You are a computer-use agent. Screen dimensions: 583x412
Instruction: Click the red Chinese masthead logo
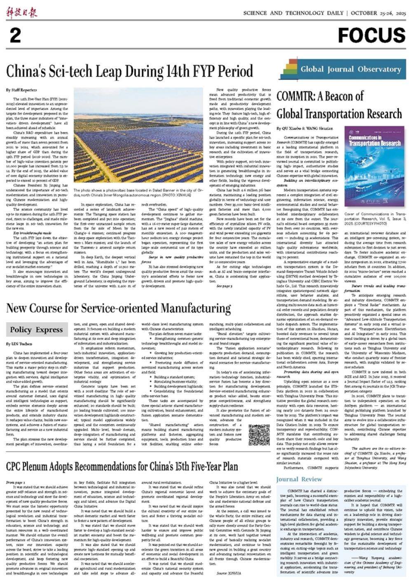coord(21,12)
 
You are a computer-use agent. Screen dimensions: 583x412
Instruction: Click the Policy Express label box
coord(37,330)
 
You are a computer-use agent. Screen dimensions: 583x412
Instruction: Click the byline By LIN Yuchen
coord(19,344)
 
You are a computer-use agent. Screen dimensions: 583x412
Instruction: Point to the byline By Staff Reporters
coord(21,90)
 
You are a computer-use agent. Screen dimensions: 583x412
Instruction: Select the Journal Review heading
coord(299,479)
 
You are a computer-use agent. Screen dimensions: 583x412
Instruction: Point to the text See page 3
coord(224,274)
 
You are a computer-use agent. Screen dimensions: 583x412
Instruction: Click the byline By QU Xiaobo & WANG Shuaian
coord(305,128)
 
